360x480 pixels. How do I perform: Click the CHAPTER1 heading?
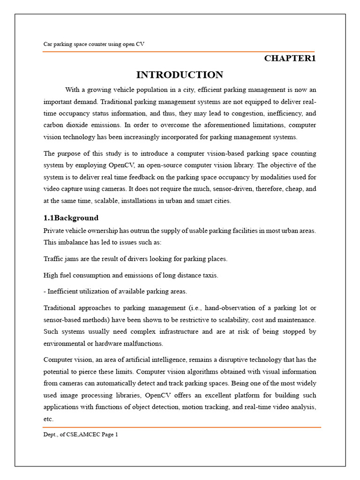[290, 59]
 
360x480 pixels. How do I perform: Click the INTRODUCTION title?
[180, 75]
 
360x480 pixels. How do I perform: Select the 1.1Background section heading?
[71, 218]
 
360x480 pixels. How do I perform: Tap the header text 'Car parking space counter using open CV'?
[94, 44]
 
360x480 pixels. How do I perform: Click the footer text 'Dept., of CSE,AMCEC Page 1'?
[81, 435]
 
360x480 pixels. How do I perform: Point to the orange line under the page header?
[179, 52]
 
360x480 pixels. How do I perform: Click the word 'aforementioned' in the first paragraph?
[212, 125]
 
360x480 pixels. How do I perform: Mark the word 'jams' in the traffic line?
[75, 259]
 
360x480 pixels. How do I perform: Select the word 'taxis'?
[209, 275]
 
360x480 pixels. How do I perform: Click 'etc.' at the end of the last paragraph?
[48, 419]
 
